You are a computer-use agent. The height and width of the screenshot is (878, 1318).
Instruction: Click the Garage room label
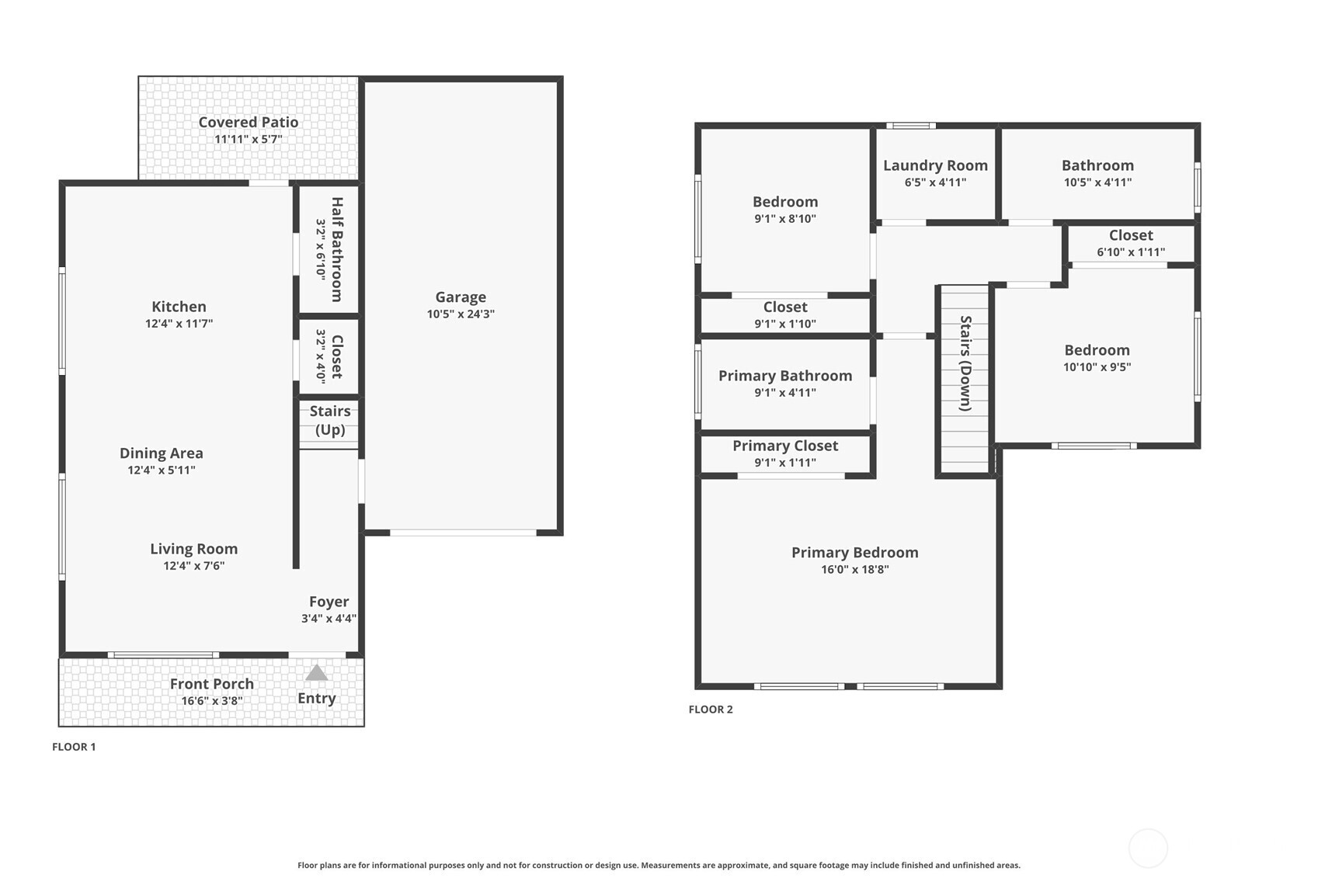coord(461,297)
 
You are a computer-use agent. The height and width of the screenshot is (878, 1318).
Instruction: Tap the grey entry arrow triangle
coord(316,673)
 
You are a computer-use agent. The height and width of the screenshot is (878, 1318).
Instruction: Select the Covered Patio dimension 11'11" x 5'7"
coord(249,139)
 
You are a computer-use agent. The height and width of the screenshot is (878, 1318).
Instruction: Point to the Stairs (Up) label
coord(330,420)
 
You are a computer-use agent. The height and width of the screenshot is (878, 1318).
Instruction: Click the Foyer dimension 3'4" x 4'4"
coord(329,619)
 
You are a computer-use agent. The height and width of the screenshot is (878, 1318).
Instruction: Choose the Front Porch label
coord(212,683)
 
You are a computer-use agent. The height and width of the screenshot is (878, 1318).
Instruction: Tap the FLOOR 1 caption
coord(74,747)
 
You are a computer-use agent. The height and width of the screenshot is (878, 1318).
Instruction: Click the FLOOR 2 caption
coord(711,709)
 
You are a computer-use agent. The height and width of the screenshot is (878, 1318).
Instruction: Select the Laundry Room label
coord(935,165)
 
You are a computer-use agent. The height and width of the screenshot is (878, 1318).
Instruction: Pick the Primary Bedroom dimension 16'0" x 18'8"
coord(854,569)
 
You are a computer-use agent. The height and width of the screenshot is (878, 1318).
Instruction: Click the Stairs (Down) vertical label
coord(965,363)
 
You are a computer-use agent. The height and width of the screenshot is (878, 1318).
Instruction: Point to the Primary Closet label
coord(785,446)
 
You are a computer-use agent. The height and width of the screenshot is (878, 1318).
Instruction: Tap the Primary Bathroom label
coord(785,376)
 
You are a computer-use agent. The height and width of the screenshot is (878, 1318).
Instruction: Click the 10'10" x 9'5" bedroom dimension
coord(1097,367)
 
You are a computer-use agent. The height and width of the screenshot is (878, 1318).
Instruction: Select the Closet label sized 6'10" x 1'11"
coord(1131,235)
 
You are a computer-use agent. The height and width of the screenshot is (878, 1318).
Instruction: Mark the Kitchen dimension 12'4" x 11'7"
coord(179,324)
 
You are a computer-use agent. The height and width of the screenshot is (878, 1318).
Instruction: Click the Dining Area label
coord(162,453)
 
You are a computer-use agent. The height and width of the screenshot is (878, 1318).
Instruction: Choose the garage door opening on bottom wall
coord(463,533)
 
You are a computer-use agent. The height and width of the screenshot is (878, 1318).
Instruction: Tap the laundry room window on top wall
coord(911,126)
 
